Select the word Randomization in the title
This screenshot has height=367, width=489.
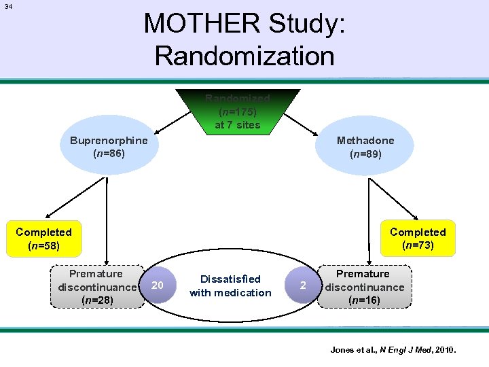(244, 55)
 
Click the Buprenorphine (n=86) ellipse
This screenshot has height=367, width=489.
(109, 147)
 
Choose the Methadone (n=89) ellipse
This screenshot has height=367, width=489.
(365, 147)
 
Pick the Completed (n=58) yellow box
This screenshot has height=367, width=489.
(43, 239)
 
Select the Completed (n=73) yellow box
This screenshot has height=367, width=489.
(418, 239)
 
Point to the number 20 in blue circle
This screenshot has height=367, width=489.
(157, 285)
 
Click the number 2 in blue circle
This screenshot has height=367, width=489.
(303, 285)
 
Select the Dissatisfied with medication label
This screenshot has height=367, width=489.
(230, 285)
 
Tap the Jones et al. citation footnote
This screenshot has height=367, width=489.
(393, 350)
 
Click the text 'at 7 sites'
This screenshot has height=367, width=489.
(237, 124)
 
